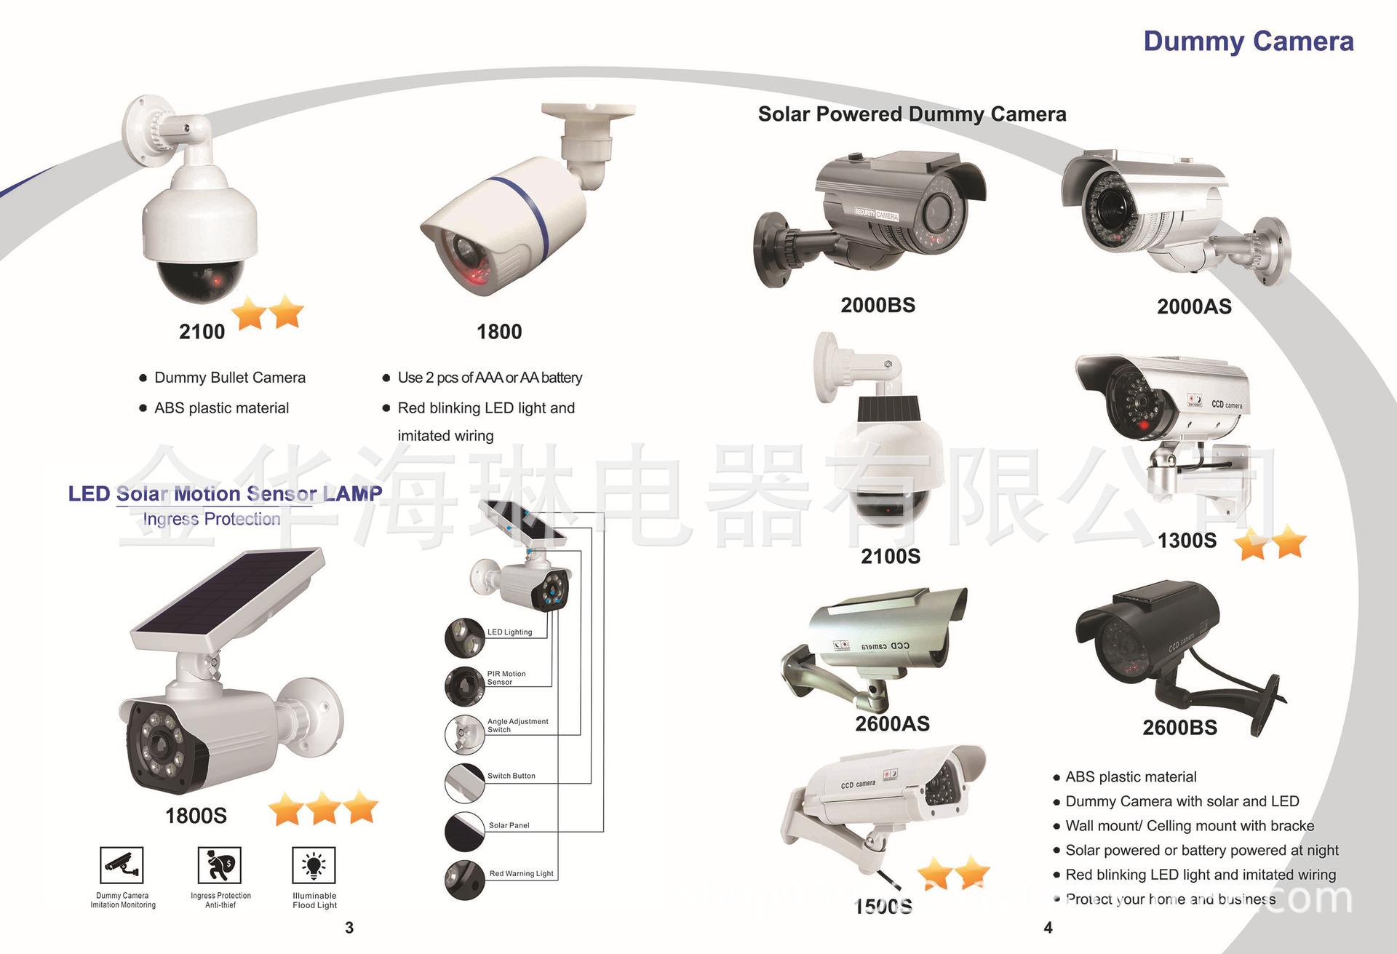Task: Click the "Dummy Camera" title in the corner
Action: coord(1248,41)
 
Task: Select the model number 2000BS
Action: coord(877,306)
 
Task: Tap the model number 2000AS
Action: coord(1194,307)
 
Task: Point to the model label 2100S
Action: coord(890,557)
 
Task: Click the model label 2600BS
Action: coord(1179,728)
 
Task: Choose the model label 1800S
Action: coord(196,816)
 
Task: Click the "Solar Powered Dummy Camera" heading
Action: coord(912,114)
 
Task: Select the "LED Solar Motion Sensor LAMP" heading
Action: coord(225,494)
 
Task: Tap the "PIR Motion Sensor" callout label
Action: coord(506,678)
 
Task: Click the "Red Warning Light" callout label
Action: coord(521,873)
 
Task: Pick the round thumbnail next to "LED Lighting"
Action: coord(464,637)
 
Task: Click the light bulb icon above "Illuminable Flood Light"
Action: coord(314,865)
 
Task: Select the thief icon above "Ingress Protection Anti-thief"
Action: coord(219,865)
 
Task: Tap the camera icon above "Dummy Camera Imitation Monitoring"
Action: coord(122,865)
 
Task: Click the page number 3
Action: coord(349,928)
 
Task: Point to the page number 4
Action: coord(1048,928)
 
